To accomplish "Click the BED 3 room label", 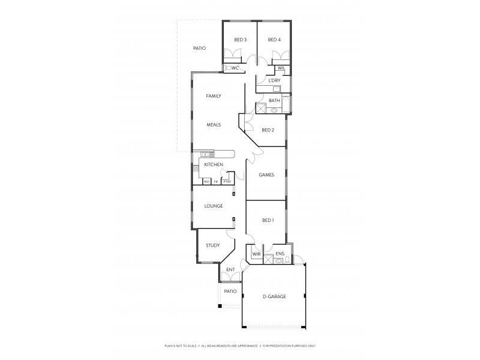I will [x=241, y=40].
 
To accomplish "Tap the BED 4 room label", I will [x=274, y=40].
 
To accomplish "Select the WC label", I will [x=236, y=68].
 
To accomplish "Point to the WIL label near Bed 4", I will [x=281, y=68].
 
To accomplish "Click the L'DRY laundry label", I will [x=274, y=80].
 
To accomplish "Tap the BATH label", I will [x=274, y=100].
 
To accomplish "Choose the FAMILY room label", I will [x=214, y=96].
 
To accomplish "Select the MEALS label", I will [x=214, y=125].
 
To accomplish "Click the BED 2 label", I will [x=268, y=130].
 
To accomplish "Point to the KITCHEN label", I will [x=214, y=164].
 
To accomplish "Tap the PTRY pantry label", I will [x=227, y=181].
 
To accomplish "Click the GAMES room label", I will [x=266, y=175].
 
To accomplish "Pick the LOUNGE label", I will [x=214, y=206].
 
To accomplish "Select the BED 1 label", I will [x=268, y=221].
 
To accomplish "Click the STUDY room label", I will [x=213, y=245].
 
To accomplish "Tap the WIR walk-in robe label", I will [x=256, y=254].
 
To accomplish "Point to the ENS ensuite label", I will [x=280, y=254].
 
